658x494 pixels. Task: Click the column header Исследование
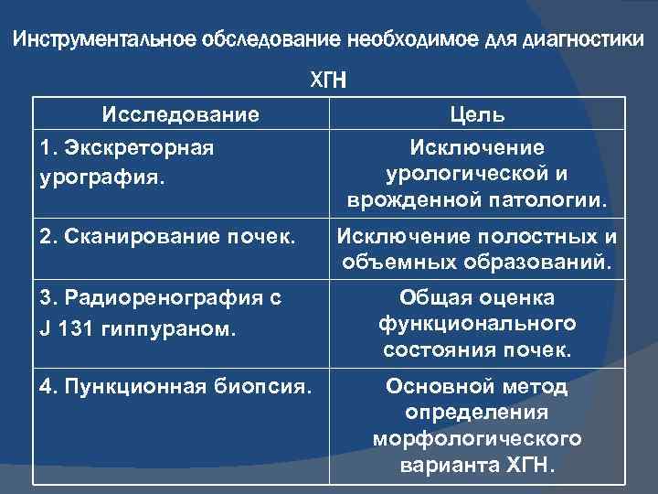coord(180,116)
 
